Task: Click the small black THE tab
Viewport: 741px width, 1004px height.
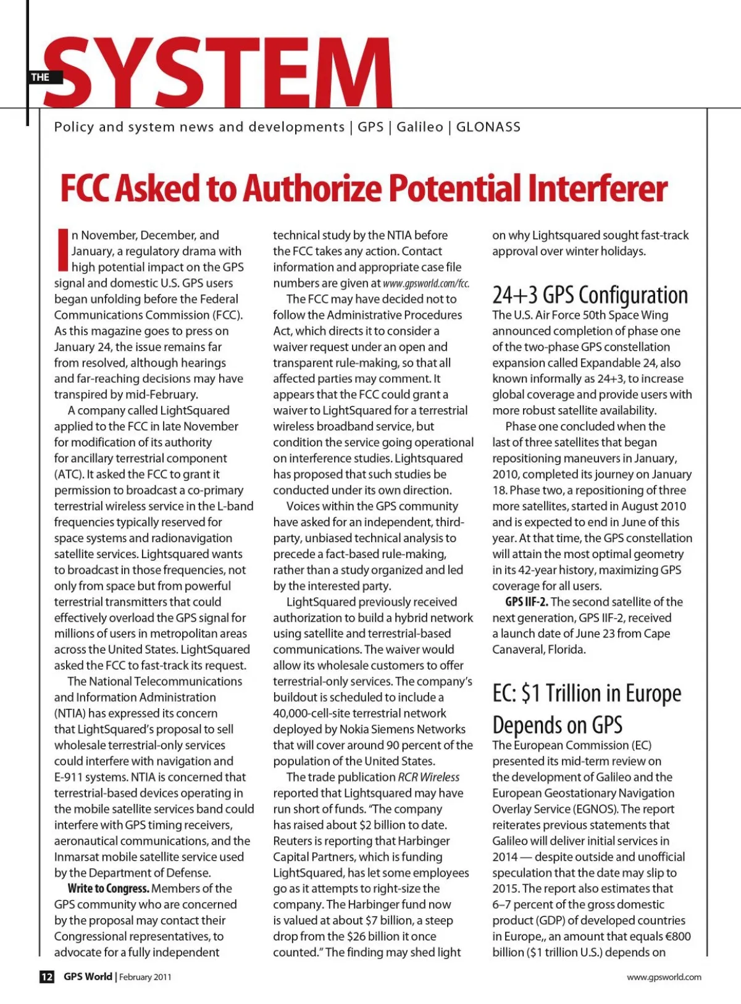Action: coord(41,77)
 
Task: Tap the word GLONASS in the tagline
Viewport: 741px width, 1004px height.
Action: coord(488,127)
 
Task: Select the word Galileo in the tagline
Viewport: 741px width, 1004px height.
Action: coord(420,127)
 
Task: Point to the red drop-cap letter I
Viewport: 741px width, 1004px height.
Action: coord(62,250)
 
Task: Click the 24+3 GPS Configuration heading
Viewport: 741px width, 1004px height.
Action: coord(590,295)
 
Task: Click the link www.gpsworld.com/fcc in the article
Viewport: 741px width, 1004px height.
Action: coord(426,283)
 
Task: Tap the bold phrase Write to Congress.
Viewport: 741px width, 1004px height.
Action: coord(109,889)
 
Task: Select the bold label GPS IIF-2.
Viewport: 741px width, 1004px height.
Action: coord(526,602)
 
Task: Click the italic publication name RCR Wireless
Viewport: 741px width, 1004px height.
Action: coord(429,777)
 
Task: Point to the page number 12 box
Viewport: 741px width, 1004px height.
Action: coord(47,977)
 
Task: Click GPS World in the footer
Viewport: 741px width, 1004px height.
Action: coord(88,977)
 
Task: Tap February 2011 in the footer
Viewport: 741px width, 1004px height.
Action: coord(145,977)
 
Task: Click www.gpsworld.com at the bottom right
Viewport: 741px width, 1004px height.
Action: coord(664,977)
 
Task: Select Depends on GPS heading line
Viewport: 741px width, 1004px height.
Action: coord(557,725)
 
